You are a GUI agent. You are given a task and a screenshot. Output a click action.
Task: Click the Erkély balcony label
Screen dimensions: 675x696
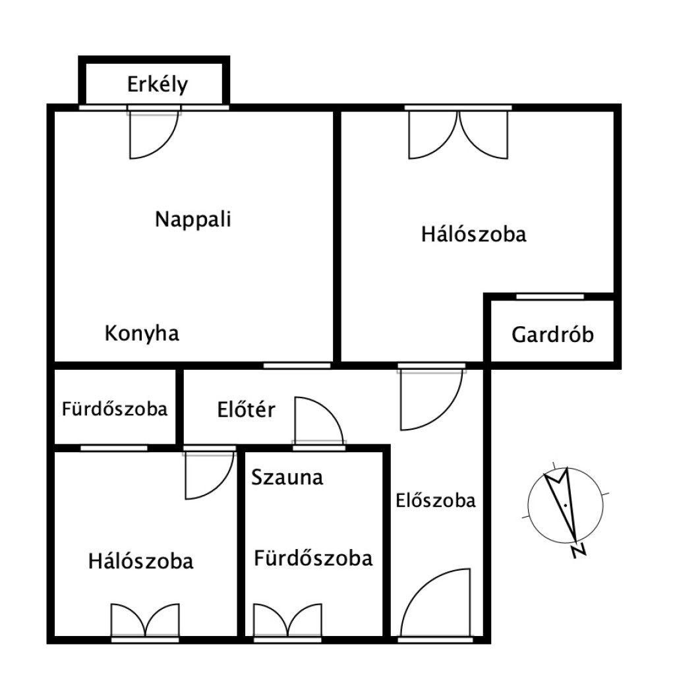pos(158,84)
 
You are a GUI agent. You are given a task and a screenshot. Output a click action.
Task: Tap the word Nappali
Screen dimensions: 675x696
pos(193,219)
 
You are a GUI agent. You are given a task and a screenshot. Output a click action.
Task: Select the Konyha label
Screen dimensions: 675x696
pos(142,333)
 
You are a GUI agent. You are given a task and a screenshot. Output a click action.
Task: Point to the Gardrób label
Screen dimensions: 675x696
pos(552,335)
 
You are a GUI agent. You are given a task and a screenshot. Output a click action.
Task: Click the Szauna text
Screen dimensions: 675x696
pos(287,478)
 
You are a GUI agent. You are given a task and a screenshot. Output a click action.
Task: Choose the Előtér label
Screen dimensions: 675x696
pos(246,409)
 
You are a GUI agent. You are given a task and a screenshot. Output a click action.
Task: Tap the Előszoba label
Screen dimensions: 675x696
pos(436,501)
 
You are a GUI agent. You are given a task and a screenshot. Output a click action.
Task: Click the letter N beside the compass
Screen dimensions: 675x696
pos(579,550)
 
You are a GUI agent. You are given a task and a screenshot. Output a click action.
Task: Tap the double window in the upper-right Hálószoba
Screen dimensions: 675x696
pos(458,134)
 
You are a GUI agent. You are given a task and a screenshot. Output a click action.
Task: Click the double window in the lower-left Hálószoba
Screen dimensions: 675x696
pos(145,621)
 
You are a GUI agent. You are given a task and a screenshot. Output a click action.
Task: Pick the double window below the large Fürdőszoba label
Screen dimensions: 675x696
pos(287,621)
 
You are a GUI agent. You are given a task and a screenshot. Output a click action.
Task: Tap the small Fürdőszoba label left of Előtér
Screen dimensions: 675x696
pos(115,409)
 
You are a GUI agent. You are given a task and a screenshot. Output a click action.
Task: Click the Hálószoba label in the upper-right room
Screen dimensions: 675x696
pos(474,234)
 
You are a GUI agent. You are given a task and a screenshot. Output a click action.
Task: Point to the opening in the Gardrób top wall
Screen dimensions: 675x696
pos(550,297)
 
